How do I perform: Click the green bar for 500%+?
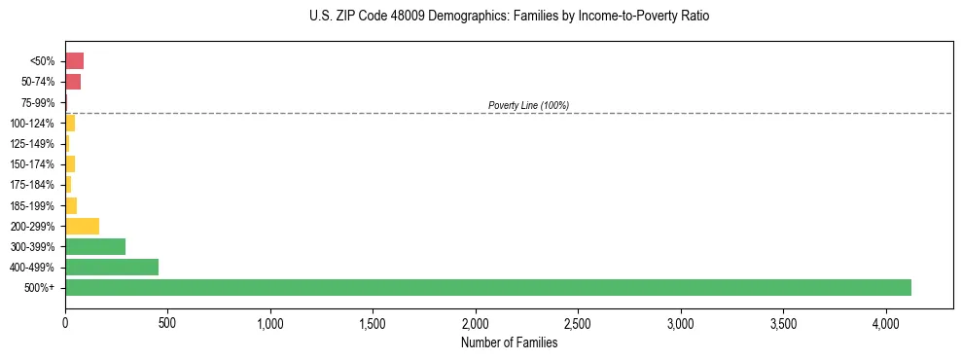pyautogui.click(x=487, y=287)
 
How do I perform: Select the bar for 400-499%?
pyautogui.click(x=112, y=267)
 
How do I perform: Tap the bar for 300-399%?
pyautogui.click(x=95, y=246)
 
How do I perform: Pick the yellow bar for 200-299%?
pyautogui.click(x=82, y=226)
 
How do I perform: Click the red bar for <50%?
pyautogui.click(x=74, y=60)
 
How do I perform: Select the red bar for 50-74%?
pyautogui.click(x=73, y=81)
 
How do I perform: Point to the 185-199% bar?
pyautogui.click(x=71, y=205)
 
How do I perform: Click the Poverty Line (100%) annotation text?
pyautogui.click(x=528, y=105)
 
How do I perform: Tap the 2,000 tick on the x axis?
pyautogui.click(x=476, y=322)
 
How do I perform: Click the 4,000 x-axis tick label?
pyautogui.click(x=885, y=322)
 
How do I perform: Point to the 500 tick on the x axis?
pyautogui.click(x=167, y=322)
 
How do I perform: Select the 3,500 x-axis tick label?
pyautogui.click(x=783, y=322)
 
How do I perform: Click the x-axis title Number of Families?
pyautogui.click(x=509, y=342)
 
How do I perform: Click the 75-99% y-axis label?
pyautogui.click(x=40, y=102)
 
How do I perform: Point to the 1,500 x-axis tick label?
pyautogui.click(x=373, y=322)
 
